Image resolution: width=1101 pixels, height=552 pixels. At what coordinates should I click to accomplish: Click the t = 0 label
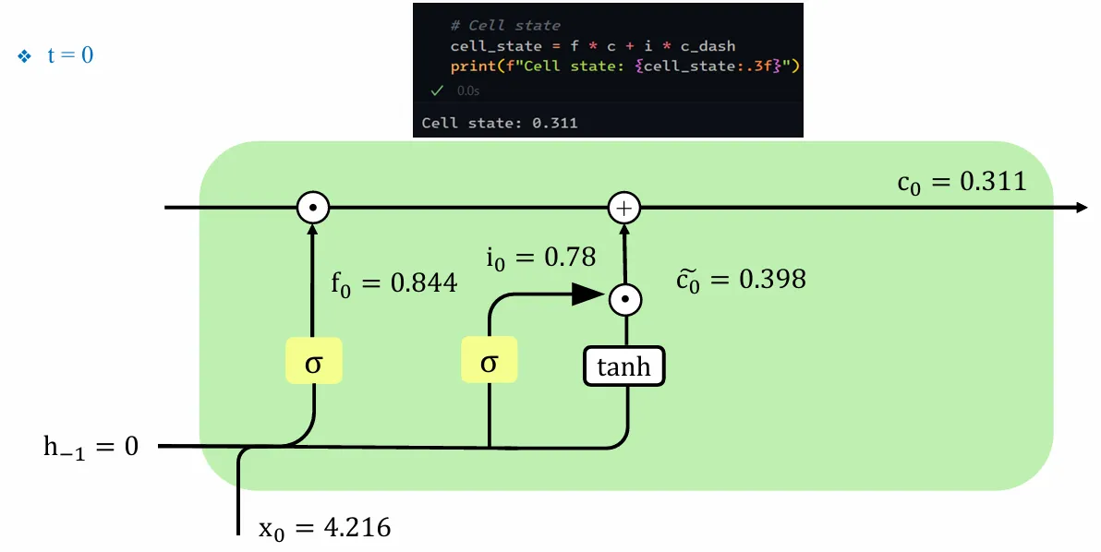(70, 55)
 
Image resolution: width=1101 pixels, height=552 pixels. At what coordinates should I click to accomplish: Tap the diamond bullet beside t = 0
(25, 56)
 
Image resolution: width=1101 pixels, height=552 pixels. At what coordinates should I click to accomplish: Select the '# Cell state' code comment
(505, 26)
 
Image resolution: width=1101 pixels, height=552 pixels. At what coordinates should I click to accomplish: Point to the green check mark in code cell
(437, 90)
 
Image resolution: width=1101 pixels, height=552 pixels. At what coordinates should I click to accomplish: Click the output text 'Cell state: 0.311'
(500, 122)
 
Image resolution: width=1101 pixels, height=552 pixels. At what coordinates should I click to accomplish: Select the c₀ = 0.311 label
(961, 181)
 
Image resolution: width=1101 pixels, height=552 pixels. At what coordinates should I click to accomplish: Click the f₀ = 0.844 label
(393, 282)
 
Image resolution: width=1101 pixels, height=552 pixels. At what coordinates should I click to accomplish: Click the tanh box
(623, 366)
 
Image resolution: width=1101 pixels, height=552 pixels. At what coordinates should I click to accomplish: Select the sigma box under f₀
(313, 363)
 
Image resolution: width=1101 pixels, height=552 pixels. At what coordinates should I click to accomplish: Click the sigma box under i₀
(489, 363)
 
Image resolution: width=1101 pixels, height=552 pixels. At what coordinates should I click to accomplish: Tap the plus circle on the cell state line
(624, 209)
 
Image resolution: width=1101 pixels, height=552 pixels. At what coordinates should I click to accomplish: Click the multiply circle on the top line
(313, 209)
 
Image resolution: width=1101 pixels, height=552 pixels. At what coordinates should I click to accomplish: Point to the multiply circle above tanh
(625, 298)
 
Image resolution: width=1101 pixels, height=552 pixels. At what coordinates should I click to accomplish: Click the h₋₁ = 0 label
(91, 447)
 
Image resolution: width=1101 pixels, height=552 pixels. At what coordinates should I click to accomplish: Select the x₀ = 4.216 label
(324, 528)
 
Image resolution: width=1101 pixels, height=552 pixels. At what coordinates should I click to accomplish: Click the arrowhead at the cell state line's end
(1081, 208)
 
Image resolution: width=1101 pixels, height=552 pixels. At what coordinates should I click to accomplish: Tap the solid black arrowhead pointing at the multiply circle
(584, 294)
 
